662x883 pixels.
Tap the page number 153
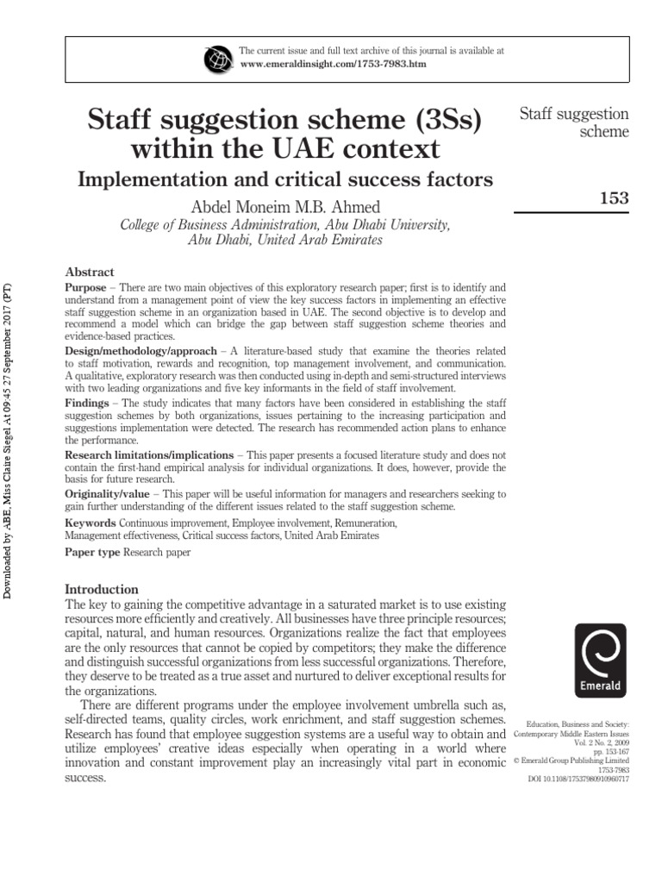tap(613, 198)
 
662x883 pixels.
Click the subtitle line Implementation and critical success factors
tap(285, 180)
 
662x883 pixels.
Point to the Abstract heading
tap(90, 270)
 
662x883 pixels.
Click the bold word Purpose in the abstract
tap(85, 285)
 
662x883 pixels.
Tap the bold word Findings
tap(88, 402)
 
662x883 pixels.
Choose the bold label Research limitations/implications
tap(148, 454)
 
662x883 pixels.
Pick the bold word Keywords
tap(91, 523)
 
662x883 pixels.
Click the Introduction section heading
tap(102, 590)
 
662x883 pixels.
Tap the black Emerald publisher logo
tap(600, 661)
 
